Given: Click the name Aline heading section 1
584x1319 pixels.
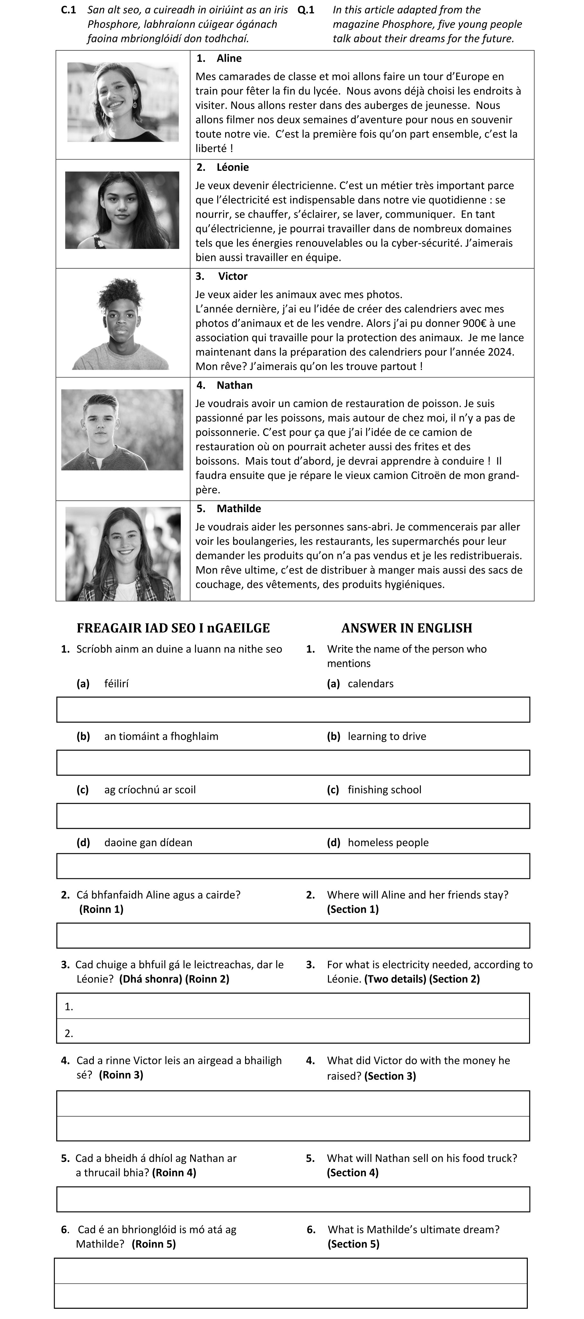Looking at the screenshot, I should point(229,58).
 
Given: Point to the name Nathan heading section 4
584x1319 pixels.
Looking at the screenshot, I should point(234,385).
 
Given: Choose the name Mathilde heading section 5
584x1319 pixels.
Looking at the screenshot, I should point(238,509).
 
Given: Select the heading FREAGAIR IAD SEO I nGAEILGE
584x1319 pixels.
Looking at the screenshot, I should point(173,628).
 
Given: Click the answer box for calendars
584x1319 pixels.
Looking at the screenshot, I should point(293,710).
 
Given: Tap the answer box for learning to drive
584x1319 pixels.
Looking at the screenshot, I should point(293,763).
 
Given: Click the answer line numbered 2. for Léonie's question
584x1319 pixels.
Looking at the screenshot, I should point(293,1031).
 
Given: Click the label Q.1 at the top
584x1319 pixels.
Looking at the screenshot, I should point(305,10).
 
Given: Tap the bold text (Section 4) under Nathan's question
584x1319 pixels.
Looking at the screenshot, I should point(353,1173).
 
